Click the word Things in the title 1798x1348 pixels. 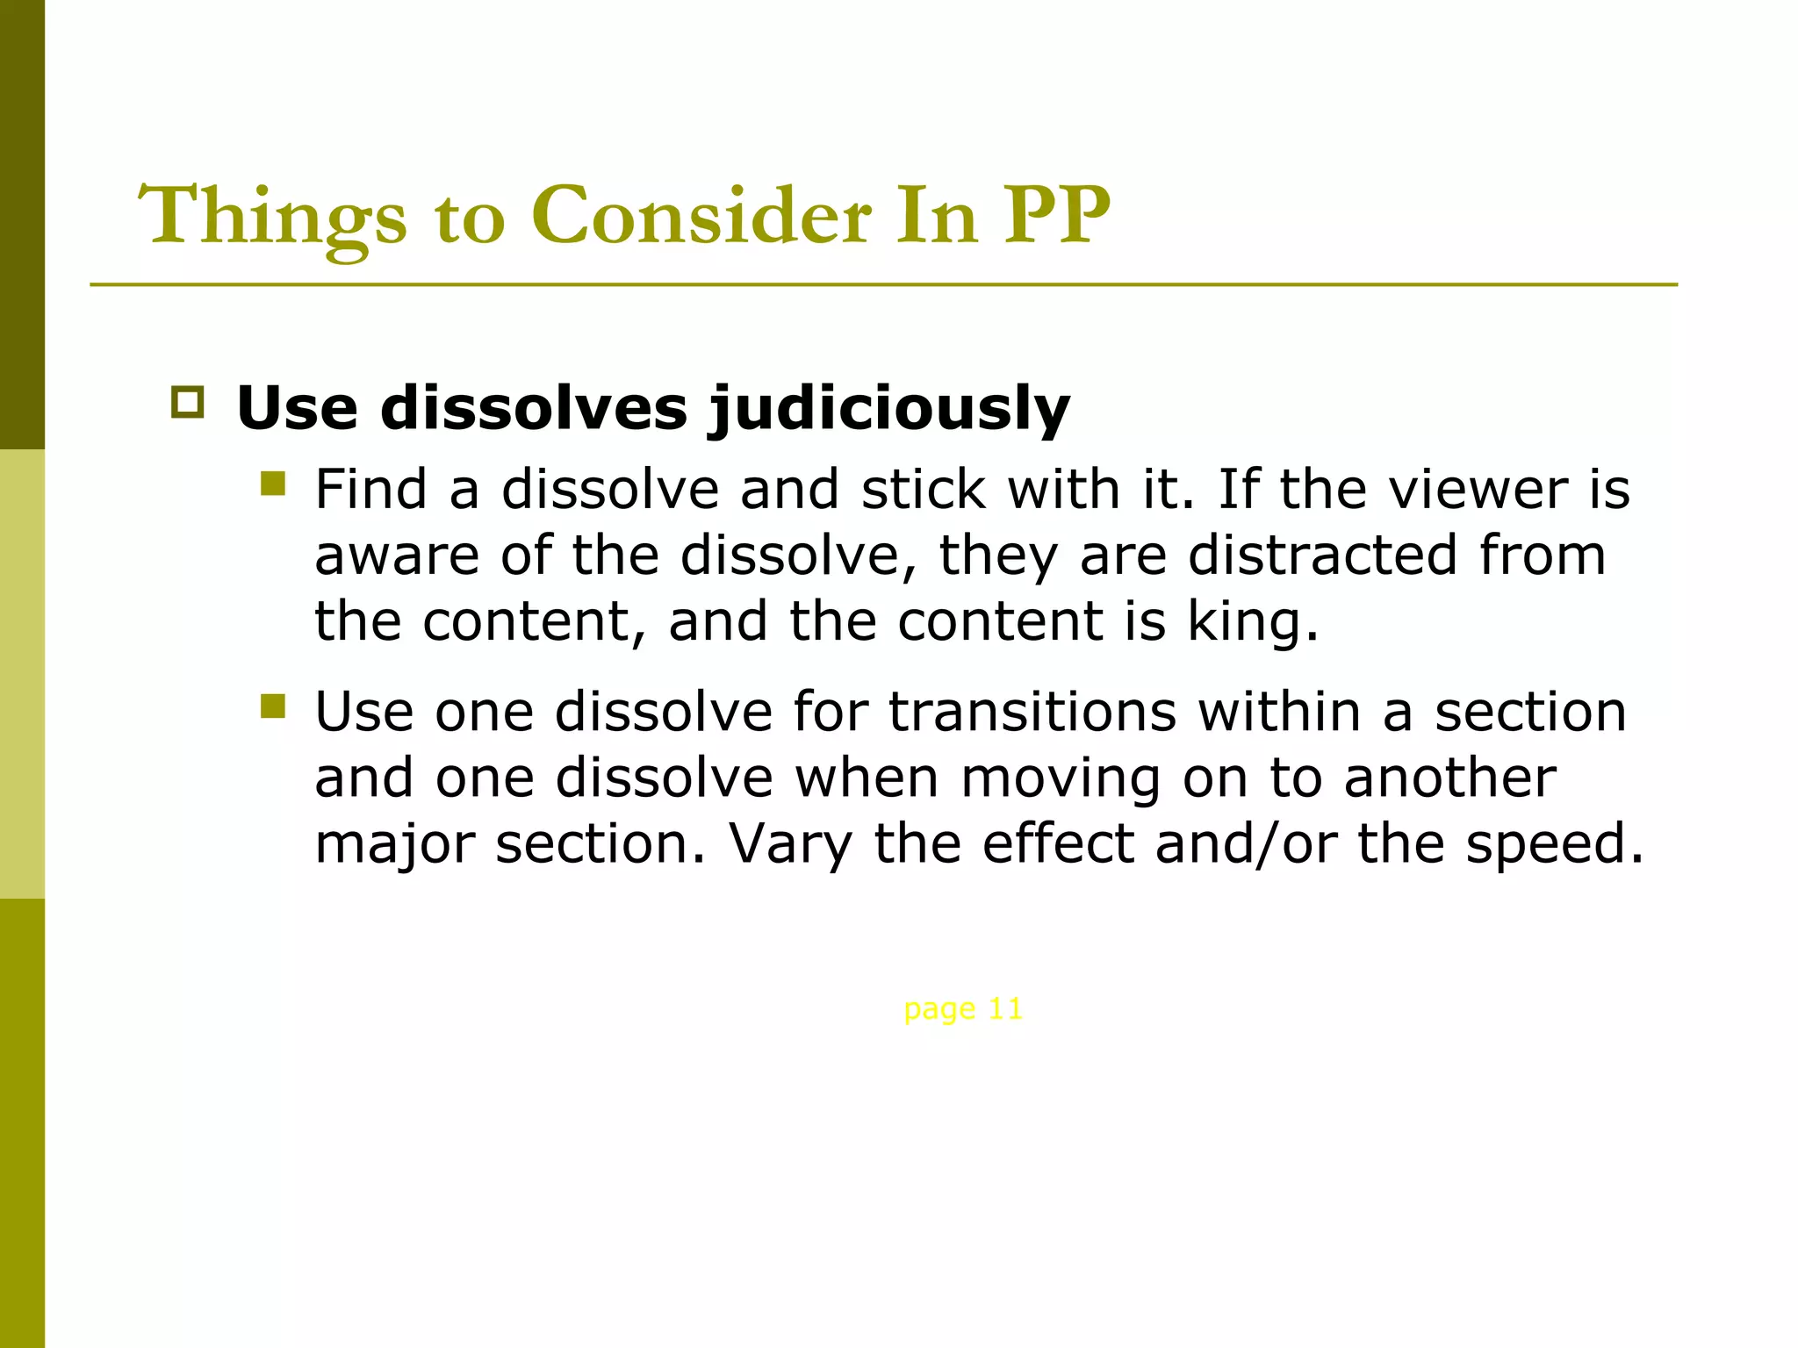coord(272,217)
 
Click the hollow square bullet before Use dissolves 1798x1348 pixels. coord(187,402)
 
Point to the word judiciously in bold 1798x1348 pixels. coord(889,409)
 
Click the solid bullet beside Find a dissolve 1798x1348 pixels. coord(273,484)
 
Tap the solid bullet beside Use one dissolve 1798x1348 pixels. coord(273,706)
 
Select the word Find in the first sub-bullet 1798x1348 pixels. coord(370,489)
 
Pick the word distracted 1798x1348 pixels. coord(1323,556)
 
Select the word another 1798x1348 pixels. coord(1450,778)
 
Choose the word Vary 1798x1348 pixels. coord(790,844)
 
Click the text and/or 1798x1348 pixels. coord(1247,844)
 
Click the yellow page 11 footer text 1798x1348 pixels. coord(963,1009)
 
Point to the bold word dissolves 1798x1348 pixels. coord(534,409)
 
